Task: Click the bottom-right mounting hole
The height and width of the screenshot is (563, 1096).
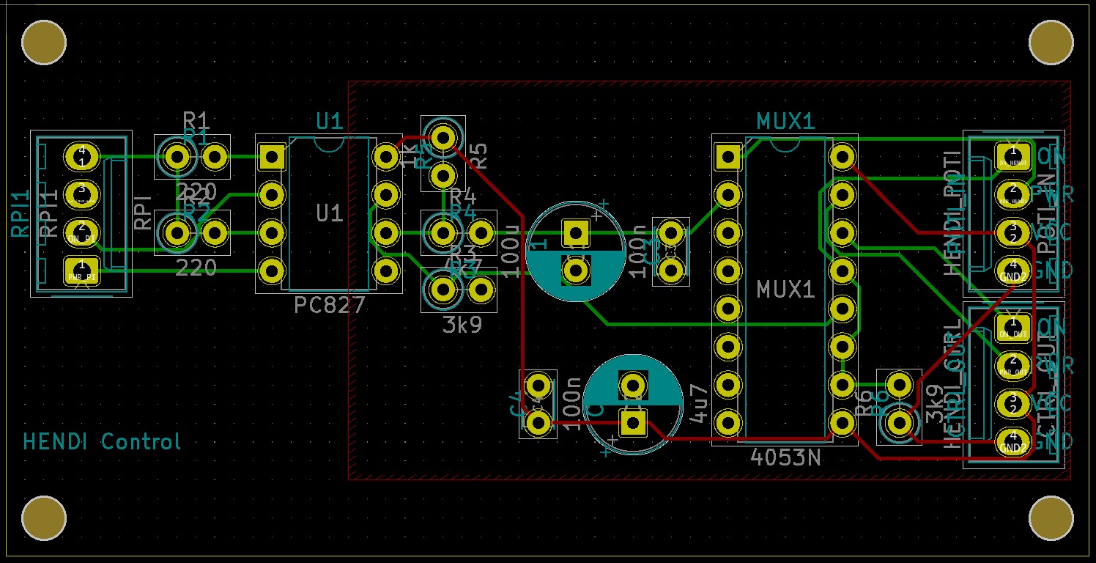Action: click(1051, 518)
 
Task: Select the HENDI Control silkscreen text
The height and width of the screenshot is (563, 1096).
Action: click(102, 441)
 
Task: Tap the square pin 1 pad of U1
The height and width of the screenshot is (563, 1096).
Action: click(272, 156)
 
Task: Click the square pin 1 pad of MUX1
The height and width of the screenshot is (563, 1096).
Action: click(727, 156)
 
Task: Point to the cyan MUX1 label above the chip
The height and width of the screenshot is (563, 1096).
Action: click(785, 121)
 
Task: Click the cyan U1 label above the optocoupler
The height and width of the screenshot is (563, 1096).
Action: click(330, 121)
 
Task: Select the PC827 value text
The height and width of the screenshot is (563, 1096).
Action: click(329, 305)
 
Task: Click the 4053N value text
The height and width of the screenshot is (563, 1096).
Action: click(785, 457)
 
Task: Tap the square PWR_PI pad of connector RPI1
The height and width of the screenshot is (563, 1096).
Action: click(81, 271)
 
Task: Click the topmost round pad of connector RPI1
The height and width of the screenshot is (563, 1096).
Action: click(81, 156)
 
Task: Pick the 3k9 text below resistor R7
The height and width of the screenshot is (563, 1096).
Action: click(462, 325)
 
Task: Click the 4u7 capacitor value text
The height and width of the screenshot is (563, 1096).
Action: click(700, 404)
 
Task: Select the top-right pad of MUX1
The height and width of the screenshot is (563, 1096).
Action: click(843, 156)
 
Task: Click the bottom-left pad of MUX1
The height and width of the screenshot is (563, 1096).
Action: click(727, 422)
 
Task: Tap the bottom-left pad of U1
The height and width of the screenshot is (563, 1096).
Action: click(272, 271)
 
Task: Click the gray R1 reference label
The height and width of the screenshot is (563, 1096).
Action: click(196, 119)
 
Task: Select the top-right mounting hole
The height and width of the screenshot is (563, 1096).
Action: click(1051, 43)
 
